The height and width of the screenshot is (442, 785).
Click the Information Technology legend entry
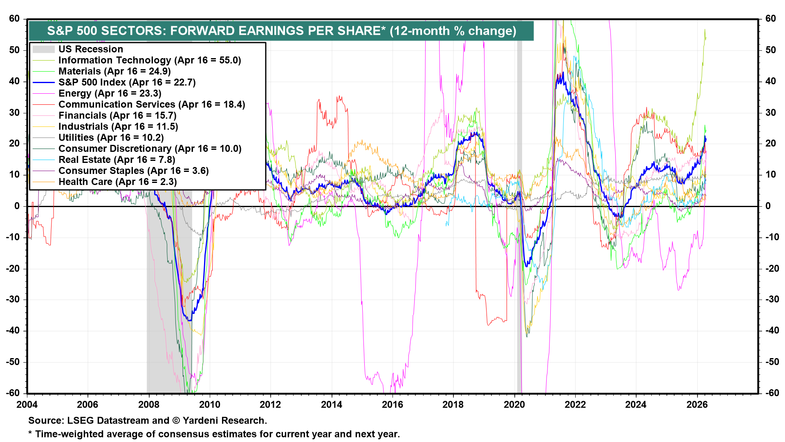click(149, 60)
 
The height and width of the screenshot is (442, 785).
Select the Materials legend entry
click(114, 71)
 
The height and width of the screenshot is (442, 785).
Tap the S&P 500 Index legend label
click(127, 82)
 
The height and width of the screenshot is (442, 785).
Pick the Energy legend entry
click(110, 93)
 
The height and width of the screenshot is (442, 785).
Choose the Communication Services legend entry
click(151, 104)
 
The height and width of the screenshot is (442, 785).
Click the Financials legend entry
click(117, 115)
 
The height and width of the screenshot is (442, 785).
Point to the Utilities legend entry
click(111, 138)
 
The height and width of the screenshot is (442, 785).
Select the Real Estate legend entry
click(117, 160)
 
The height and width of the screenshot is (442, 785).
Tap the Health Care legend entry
click(117, 182)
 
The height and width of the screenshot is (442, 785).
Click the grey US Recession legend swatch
click(43, 49)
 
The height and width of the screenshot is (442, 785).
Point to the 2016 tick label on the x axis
click(392, 405)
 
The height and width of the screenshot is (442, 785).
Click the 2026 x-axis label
click(697, 405)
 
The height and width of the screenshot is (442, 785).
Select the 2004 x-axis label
click(27, 405)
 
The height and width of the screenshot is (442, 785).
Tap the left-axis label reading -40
click(14, 331)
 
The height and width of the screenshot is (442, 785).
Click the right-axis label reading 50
click(770, 50)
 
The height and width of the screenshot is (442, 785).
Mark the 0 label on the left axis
click(17, 206)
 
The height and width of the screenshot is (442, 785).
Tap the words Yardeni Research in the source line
click(224, 420)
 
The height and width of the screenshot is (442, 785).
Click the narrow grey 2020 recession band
click(520, 205)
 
